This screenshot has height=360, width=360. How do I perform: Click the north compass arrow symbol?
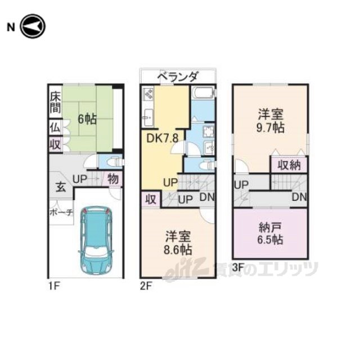33,26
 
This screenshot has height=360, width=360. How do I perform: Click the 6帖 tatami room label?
87,119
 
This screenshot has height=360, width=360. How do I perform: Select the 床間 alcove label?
55,102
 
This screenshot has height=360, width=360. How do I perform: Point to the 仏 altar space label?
55,128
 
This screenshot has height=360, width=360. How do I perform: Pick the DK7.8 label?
163,138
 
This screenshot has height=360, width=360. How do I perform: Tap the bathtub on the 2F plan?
204,93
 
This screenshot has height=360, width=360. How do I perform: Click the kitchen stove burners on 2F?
148,94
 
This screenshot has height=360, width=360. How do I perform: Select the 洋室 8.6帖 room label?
178,243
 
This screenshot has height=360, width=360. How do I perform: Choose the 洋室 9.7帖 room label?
271,121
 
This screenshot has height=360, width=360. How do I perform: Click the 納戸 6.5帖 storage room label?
270,233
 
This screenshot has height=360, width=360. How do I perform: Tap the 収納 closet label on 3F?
289,165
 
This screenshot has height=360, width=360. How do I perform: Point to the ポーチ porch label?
61,213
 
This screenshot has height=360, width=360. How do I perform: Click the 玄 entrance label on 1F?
61,187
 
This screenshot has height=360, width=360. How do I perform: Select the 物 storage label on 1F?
113,179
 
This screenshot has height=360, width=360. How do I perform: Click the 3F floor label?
238,267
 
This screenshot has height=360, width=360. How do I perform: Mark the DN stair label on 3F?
299,197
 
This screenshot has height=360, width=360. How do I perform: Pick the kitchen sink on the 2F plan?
148,117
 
